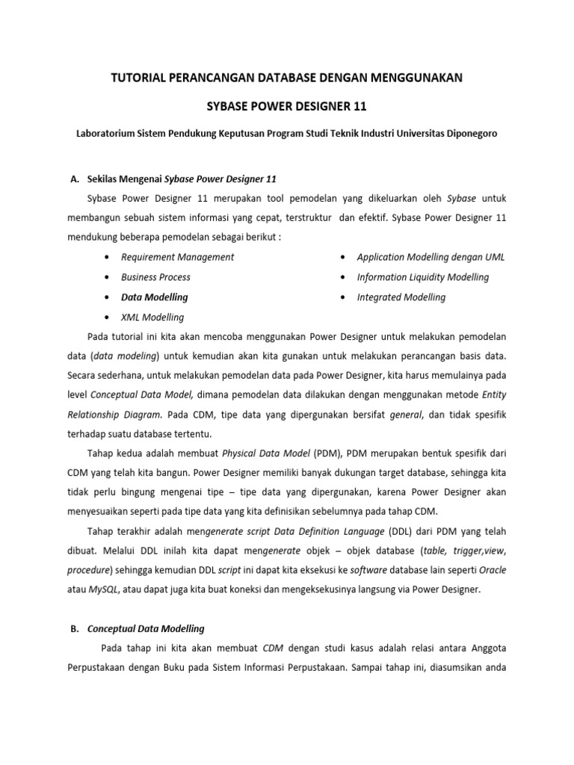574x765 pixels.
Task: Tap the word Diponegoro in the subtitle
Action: click(x=463, y=133)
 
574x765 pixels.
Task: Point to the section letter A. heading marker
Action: click(x=74, y=179)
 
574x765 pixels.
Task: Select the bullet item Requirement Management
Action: click(x=177, y=257)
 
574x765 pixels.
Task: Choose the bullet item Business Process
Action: click(x=155, y=277)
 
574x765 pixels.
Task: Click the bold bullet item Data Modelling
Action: click(x=154, y=297)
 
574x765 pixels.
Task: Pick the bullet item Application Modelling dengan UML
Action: click(x=430, y=257)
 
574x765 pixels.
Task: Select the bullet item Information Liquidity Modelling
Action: click(x=422, y=277)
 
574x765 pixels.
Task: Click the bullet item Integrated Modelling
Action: click(x=401, y=297)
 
